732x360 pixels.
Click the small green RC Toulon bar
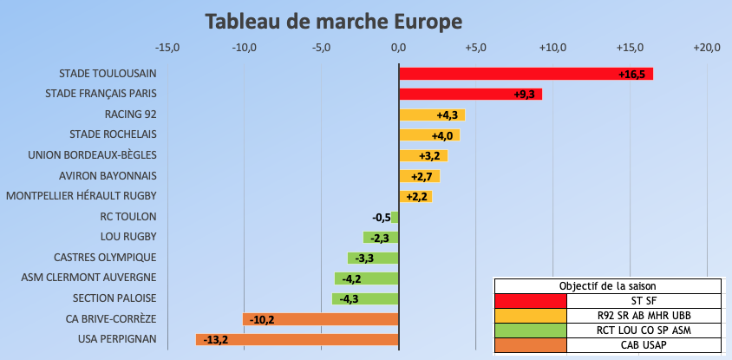395,217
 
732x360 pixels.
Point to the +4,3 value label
447,115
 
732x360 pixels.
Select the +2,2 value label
418,196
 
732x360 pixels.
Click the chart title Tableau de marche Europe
334,20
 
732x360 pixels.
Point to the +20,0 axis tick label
707,47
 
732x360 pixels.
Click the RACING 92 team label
130,115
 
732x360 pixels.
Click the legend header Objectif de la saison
607,286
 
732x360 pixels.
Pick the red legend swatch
530,301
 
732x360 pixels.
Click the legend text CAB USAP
644,345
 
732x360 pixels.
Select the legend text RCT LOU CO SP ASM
644,331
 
